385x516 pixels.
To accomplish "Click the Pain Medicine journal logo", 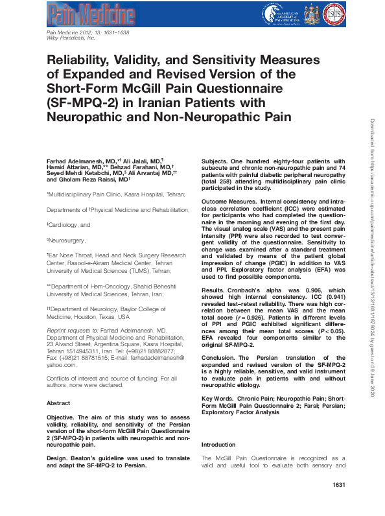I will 91,15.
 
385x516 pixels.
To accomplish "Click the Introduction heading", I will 219,445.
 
